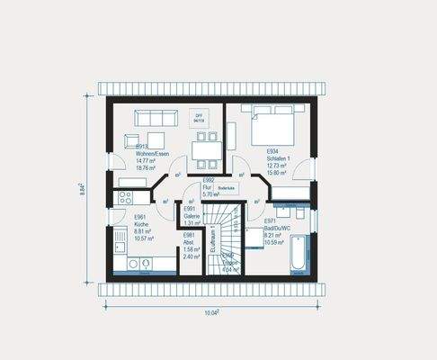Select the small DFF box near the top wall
pos(199,117)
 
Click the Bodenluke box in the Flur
pos(227,188)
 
